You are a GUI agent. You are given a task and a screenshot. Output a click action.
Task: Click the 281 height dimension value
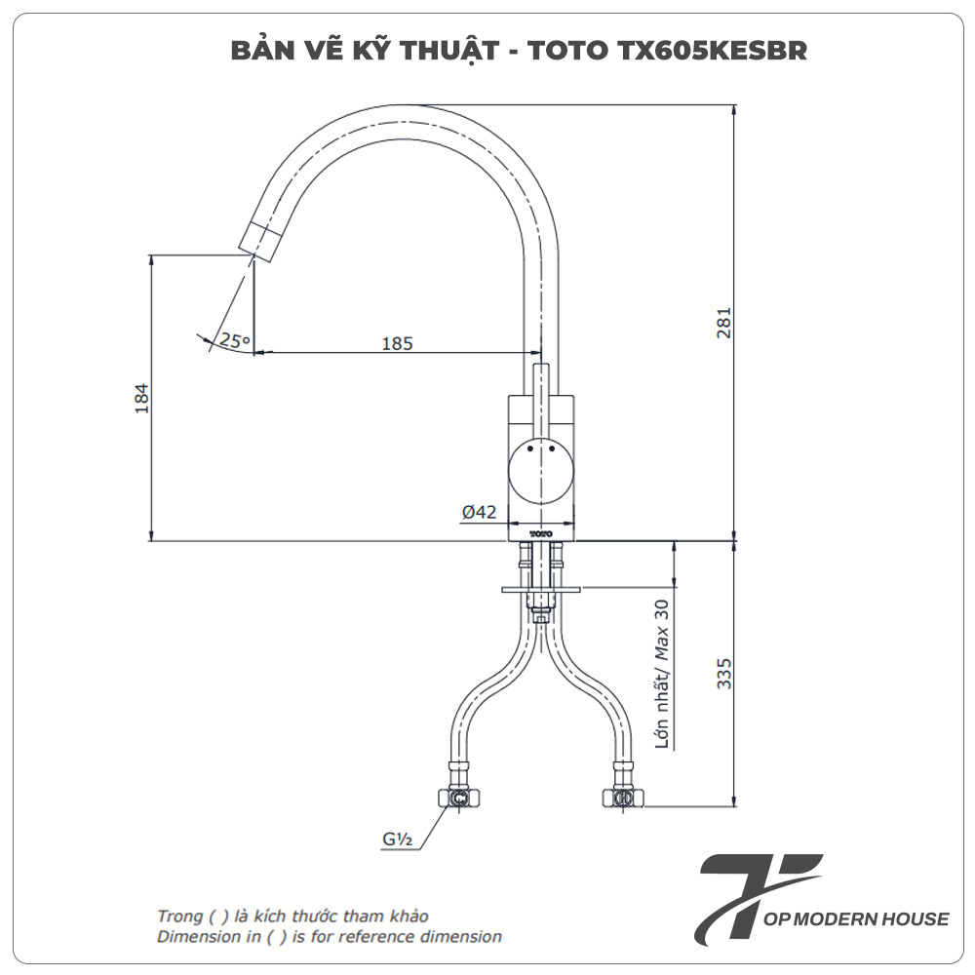[723, 323]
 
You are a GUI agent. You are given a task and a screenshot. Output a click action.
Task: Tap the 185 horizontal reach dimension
[397, 343]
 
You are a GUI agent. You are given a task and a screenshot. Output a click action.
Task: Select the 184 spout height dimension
[140, 398]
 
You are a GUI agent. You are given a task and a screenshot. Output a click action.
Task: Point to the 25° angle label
[234, 340]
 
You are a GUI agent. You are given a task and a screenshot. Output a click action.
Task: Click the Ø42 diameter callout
[479, 512]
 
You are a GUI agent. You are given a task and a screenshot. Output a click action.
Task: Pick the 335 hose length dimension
[723, 674]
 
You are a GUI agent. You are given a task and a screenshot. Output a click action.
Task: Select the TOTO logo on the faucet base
[541, 534]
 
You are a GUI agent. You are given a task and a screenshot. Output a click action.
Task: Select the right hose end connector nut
[621, 799]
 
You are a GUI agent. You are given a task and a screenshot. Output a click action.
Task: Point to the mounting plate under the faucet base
[541, 589]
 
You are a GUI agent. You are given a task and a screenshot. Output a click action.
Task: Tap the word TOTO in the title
[560, 51]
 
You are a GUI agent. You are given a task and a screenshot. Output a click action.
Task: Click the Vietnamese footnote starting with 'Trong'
[292, 916]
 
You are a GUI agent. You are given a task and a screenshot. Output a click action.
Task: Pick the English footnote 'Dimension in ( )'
[330, 937]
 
